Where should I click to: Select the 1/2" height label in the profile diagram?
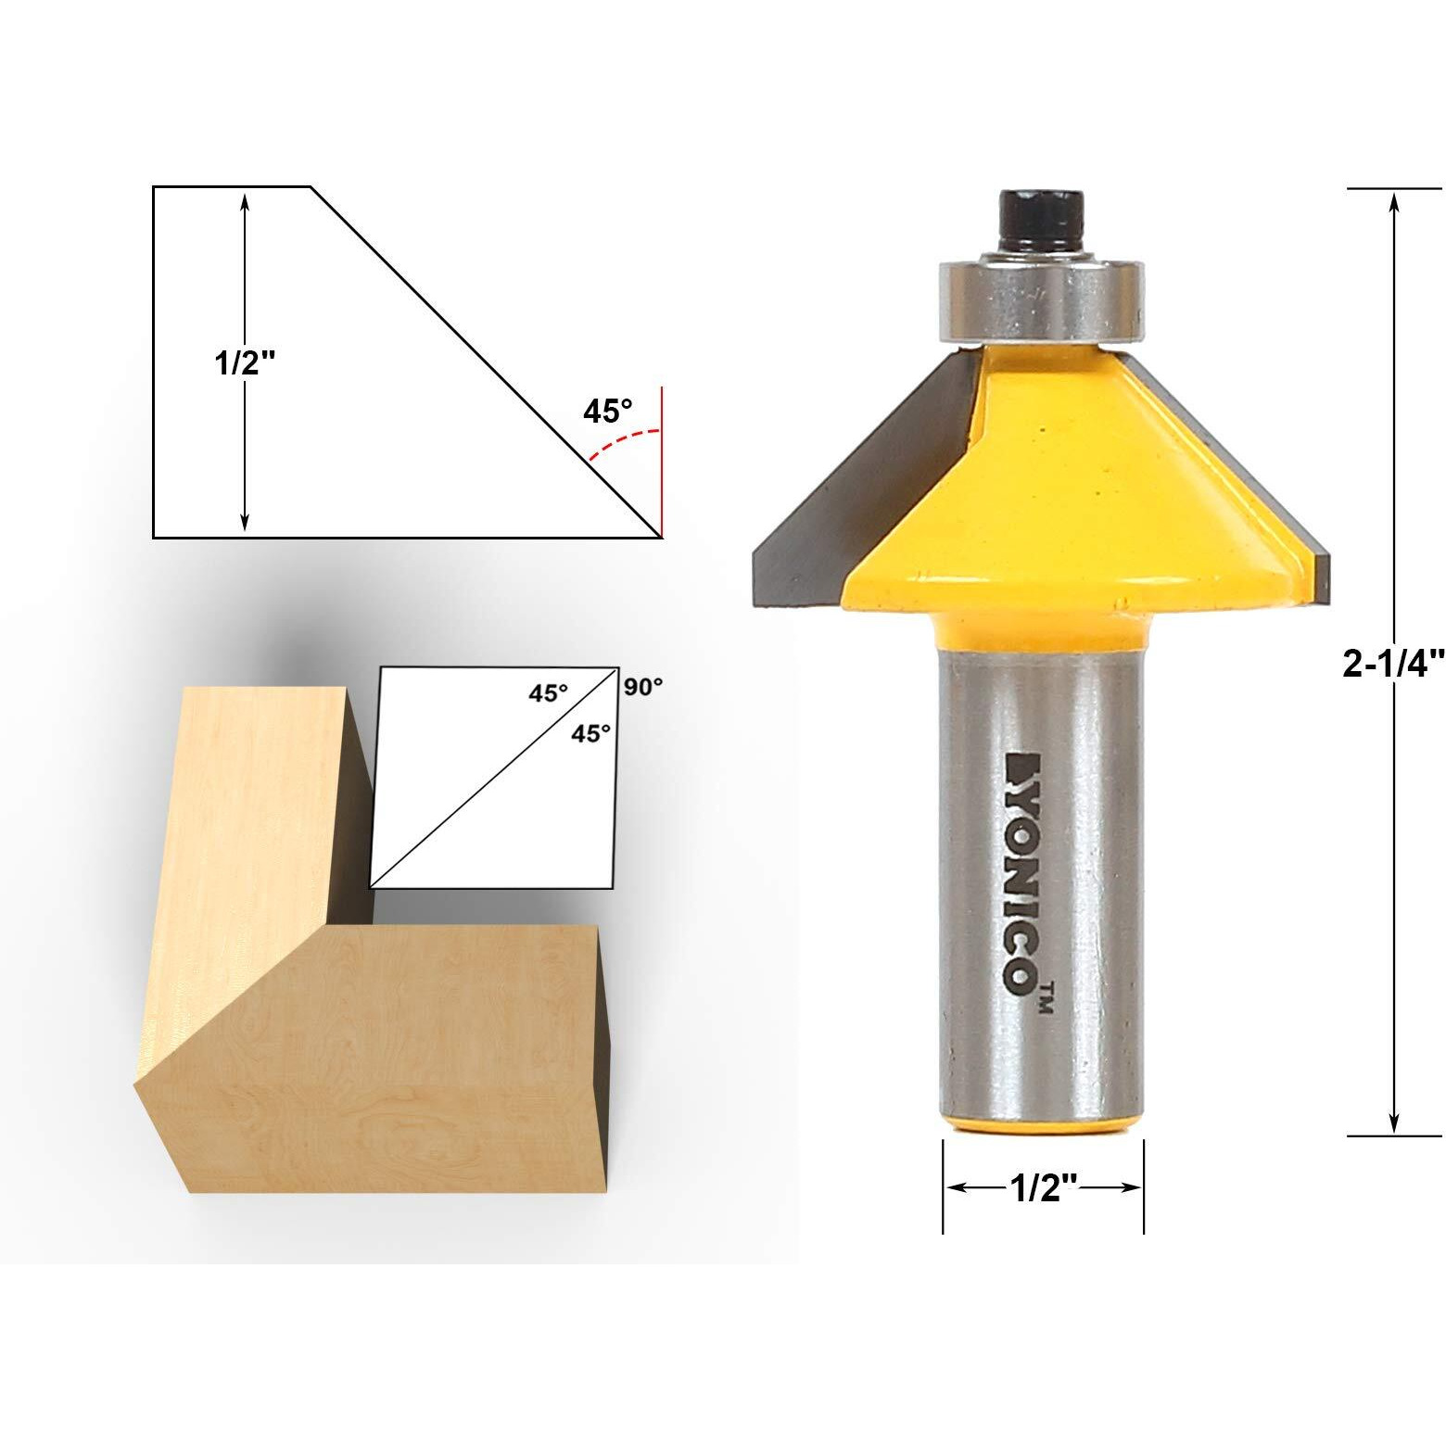coord(246,362)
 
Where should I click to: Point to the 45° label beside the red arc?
coord(607,411)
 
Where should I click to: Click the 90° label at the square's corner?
coord(643,687)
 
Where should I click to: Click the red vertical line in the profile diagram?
coord(661,463)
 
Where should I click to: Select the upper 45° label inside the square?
coord(548,692)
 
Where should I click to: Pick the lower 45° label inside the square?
coord(590,733)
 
